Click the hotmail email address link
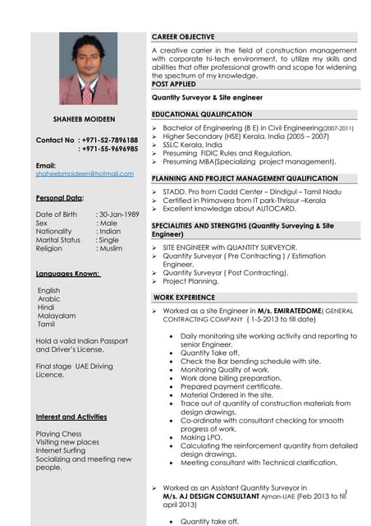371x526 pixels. [84, 173]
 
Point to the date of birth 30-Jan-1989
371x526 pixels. [117, 214]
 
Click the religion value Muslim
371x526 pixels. [110, 248]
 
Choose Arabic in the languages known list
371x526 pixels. [49, 299]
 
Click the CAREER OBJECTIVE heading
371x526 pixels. [184, 37]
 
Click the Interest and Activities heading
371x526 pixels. [71, 417]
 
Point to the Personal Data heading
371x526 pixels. [59, 198]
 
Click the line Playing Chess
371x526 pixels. [59, 433]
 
